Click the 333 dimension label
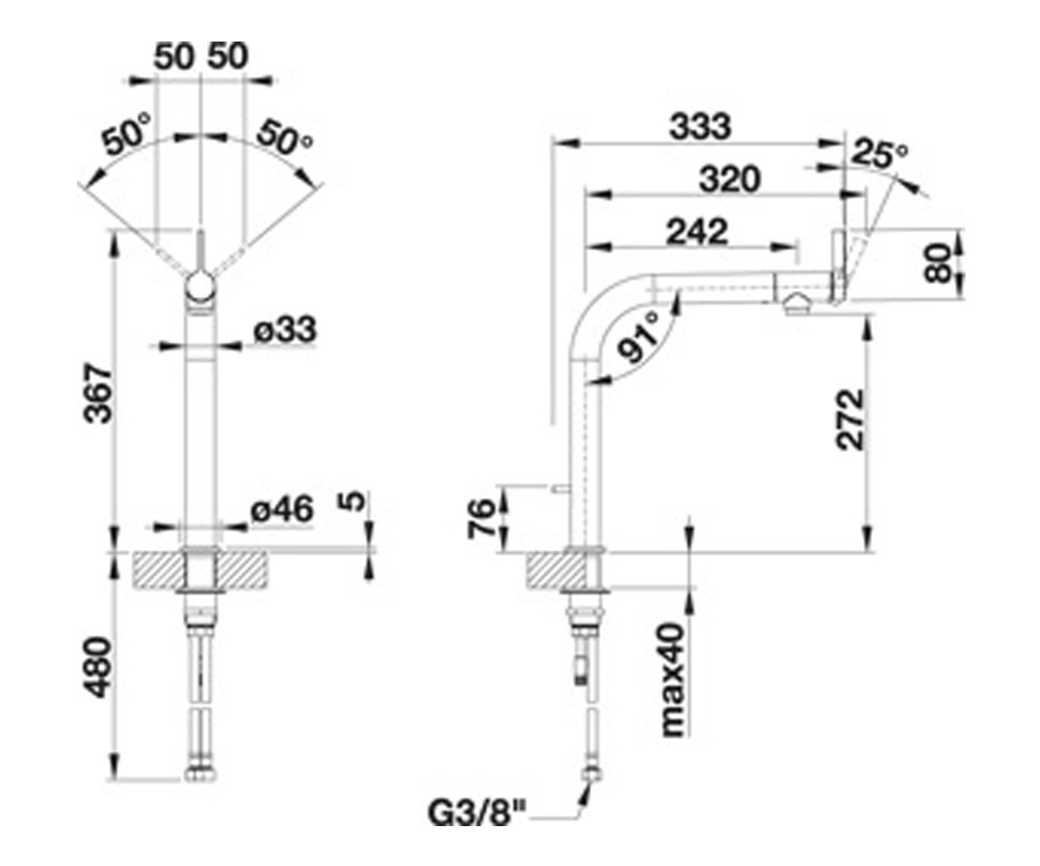click(x=699, y=126)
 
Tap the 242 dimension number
click(x=697, y=231)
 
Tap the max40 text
click(x=674, y=680)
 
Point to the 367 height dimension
click(x=98, y=395)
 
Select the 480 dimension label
click(x=98, y=667)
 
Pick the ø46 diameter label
click(x=283, y=509)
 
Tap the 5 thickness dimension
click(x=354, y=501)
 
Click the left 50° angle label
click(x=127, y=134)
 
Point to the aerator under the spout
click(x=796, y=304)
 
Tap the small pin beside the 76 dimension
click(x=561, y=488)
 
